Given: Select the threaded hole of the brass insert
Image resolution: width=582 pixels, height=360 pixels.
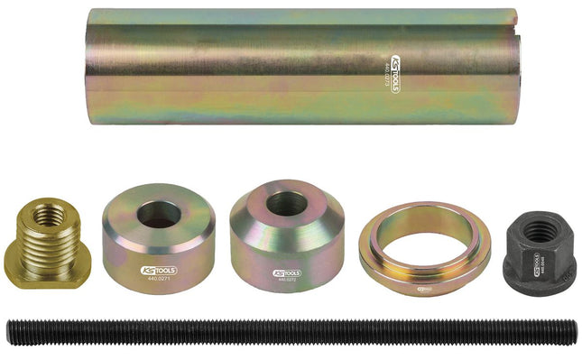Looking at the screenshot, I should click(x=50, y=216).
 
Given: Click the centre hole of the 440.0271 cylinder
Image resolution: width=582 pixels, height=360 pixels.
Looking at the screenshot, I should click(x=159, y=214).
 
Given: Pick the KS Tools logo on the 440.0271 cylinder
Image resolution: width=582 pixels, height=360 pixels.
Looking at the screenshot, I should click(x=159, y=270).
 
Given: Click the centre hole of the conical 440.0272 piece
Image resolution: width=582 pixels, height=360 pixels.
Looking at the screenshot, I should click(x=287, y=204).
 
